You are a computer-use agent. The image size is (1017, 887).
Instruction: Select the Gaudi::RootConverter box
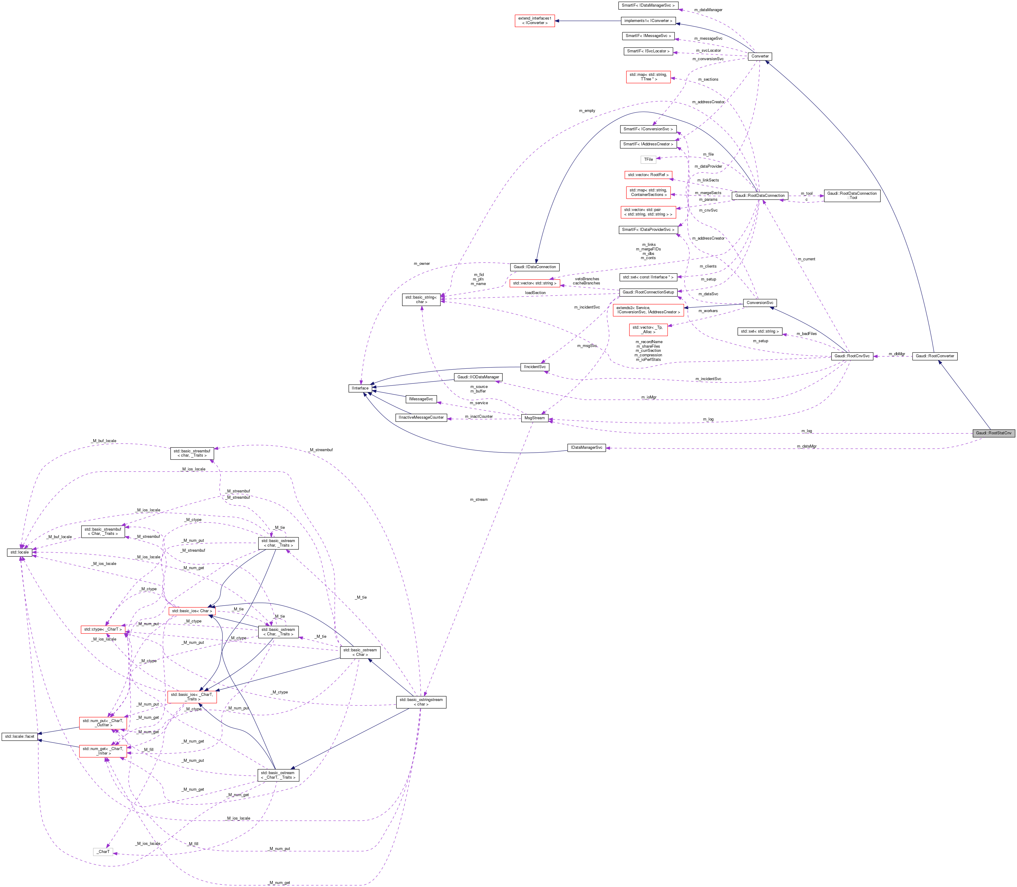coord(934,356)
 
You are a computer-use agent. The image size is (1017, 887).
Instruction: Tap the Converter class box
coord(760,56)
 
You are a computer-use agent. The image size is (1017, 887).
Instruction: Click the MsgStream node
coord(535,418)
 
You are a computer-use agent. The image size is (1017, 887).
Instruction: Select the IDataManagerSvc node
coord(586,448)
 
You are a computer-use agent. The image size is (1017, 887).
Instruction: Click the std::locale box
coord(20,552)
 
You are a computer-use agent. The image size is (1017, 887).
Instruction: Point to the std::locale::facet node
coord(20,737)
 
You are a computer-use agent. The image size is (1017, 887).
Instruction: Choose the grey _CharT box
coord(103,852)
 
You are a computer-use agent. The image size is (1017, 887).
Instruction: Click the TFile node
coord(648,160)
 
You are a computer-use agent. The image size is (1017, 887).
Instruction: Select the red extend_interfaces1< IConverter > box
coord(535,21)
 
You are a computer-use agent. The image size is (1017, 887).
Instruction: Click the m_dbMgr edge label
coord(896,354)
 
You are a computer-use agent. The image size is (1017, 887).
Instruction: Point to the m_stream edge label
coord(479,499)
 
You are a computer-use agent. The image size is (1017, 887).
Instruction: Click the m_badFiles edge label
coord(806,333)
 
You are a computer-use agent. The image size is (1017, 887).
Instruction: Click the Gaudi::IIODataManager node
coord(478,377)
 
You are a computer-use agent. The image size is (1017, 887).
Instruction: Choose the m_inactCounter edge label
coord(479,416)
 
